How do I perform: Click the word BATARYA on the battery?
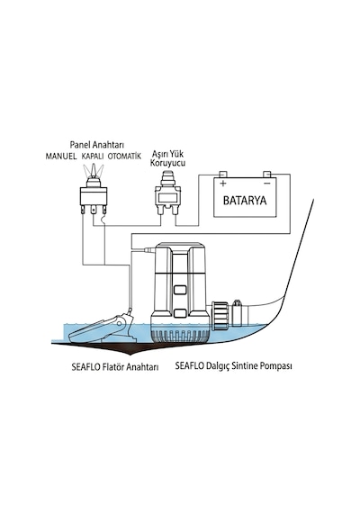pos(245,200)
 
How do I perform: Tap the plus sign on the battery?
pos(223,184)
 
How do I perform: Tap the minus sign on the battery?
pos(267,183)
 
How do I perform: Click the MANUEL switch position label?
pos(61,157)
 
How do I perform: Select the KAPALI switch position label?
pos(93,157)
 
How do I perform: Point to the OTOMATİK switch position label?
pos(124,156)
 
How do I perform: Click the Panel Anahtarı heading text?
pos(97,145)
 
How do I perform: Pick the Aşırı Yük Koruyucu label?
pos(167,158)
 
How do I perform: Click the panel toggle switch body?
pos(94,195)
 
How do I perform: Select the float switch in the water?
pos(103,328)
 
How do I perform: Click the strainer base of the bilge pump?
pos(180,336)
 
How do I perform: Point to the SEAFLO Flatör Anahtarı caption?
pos(115,367)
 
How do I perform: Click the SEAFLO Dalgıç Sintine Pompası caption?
pos(233,365)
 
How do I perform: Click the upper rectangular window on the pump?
pos(180,290)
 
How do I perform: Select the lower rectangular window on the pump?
pos(180,314)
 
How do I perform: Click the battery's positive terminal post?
pos(222,175)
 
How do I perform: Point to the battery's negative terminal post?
pos(267,175)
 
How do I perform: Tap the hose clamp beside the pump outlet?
pos(238,313)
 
